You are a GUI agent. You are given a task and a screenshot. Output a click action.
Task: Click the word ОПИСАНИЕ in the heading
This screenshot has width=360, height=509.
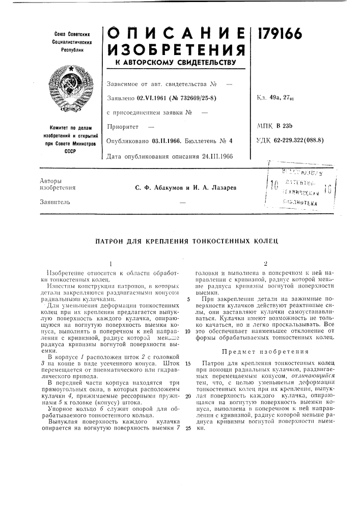(176, 33)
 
